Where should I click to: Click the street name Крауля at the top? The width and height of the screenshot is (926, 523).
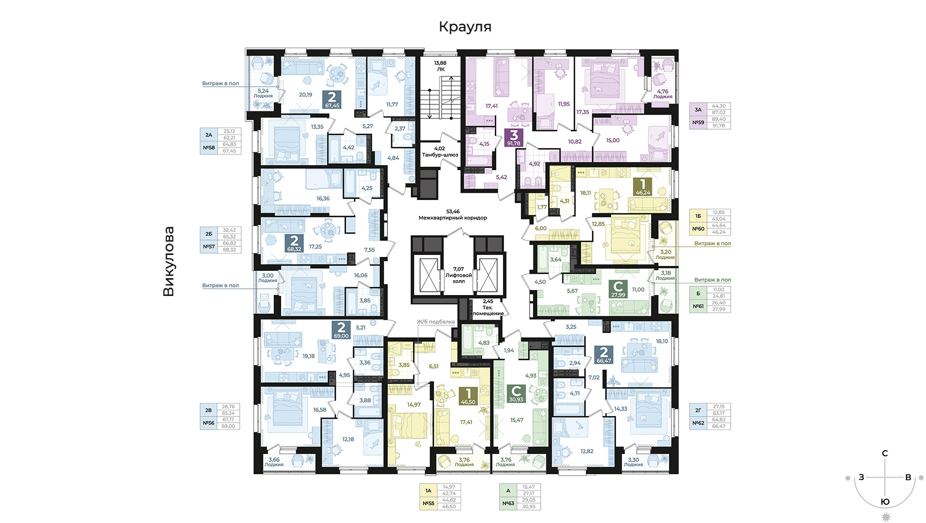click(x=465, y=27)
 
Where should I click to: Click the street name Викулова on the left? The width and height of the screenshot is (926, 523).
click(x=168, y=261)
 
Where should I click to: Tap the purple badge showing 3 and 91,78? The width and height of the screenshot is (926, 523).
click(x=514, y=138)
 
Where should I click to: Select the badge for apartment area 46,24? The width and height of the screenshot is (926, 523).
click(x=643, y=187)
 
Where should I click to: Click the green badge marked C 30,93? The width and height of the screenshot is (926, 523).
click(x=516, y=393)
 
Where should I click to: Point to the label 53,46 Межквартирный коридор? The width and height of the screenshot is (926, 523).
click(x=453, y=215)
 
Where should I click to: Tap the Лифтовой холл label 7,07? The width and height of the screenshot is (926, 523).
click(x=459, y=275)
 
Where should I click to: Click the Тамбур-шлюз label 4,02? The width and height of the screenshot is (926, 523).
click(x=440, y=152)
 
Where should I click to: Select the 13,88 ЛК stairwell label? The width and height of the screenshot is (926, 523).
click(x=440, y=66)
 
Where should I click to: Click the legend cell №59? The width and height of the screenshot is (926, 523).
click(x=698, y=122)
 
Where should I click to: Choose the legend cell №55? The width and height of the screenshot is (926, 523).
click(x=428, y=503)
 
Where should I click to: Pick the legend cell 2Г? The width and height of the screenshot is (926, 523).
click(x=698, y=410)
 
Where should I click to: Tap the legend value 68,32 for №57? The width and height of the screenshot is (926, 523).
click(x=229, y=250)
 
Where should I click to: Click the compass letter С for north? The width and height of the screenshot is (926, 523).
click(x=885, y=454)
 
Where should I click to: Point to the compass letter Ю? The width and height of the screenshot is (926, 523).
click(x=885, y=502)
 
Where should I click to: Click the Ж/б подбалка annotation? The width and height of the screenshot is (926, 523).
click(x=436, y=322)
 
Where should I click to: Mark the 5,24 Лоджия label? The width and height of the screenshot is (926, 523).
click(x=263, y=93)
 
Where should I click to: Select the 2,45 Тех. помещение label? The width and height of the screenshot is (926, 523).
click(x=488, y=308)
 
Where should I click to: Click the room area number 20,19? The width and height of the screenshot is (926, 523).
click(x=305, y=95)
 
